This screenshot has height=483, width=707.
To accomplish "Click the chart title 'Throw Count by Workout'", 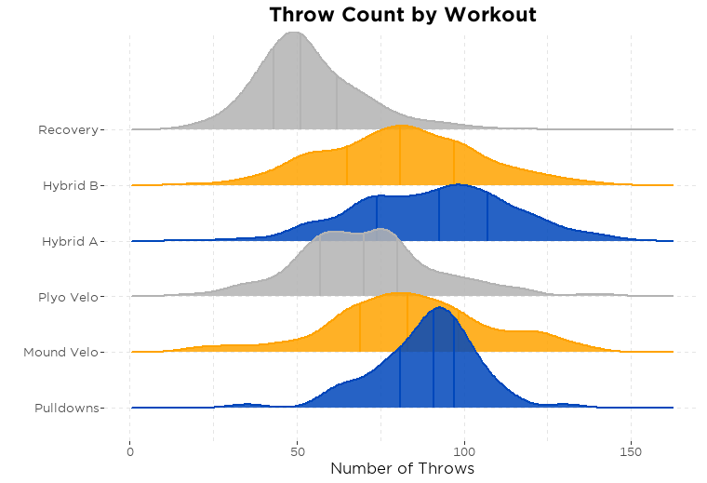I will click(402, 15).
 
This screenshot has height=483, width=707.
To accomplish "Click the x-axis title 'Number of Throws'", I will click(402, 468).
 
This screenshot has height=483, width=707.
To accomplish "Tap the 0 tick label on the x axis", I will click(130, 450).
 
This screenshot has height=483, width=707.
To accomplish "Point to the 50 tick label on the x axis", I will click(297, 450).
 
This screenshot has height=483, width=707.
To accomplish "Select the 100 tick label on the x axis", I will click(464, 450).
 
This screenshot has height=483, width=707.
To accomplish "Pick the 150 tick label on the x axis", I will click(632, 450).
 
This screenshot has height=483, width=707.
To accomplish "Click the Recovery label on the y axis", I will click(68, 129).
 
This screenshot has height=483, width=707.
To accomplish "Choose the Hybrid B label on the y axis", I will click(70, 185).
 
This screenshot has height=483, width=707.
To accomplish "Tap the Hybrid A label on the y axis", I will click(70, 241).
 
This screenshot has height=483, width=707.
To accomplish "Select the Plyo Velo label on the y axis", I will click(68, 297).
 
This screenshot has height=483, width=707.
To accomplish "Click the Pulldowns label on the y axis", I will click(66, 408).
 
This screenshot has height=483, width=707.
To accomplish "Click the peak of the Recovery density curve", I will click(295, 33).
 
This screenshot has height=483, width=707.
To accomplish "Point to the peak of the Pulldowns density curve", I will click(438, 307).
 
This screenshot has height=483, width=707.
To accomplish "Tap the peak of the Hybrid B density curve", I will click(401, 126).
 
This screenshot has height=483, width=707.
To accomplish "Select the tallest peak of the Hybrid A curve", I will click(460, 185).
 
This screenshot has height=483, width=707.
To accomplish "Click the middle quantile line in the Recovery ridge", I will click(300, 84).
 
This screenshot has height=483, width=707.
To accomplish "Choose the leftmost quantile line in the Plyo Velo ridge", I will click(320, 267).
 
